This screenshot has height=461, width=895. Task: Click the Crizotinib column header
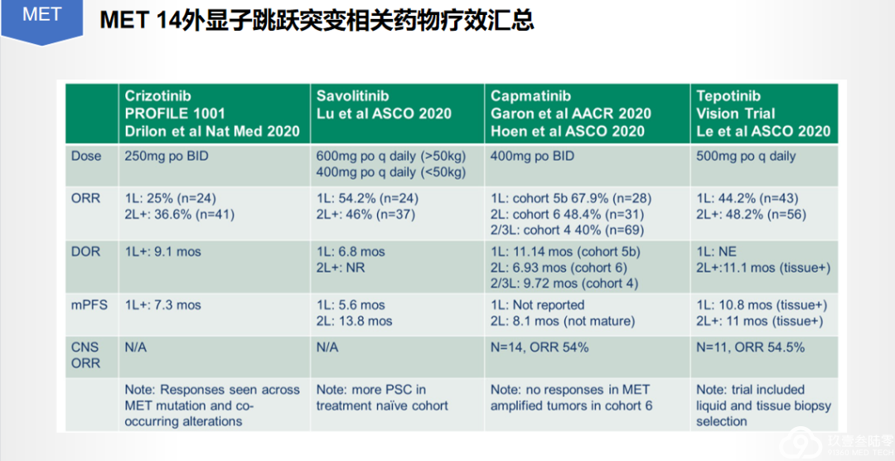(x=212, y=114)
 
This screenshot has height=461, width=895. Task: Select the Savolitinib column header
(x=383, y=105)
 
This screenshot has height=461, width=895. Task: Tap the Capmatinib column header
(x=571, y=114)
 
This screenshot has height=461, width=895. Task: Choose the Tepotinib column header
(x=763, y=114)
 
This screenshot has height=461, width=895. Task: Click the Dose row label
(x=86, y=156)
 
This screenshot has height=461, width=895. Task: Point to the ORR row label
(x=85, y=199)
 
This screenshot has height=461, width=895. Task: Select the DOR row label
(x=85, y=252)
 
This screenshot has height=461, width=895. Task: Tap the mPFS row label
(x=89, y=305)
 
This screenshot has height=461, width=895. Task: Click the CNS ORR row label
(x=85, y=356)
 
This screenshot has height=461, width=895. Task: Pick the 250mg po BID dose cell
(x=167, y=156)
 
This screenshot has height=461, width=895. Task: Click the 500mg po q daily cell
(x=746, y=156)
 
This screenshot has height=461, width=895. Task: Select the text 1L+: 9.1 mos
(x=162, y=252)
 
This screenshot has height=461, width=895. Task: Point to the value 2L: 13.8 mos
(x=354, y=321)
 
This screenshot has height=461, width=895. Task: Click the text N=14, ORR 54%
(x=539, y=347)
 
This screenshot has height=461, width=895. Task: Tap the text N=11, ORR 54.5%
(x=751, y=347)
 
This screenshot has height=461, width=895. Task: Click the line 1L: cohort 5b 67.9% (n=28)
(x=571, y=199)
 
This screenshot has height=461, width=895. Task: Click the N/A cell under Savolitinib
(x=327, y=347)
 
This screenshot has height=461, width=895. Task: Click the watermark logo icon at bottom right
(x=800, y=443)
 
